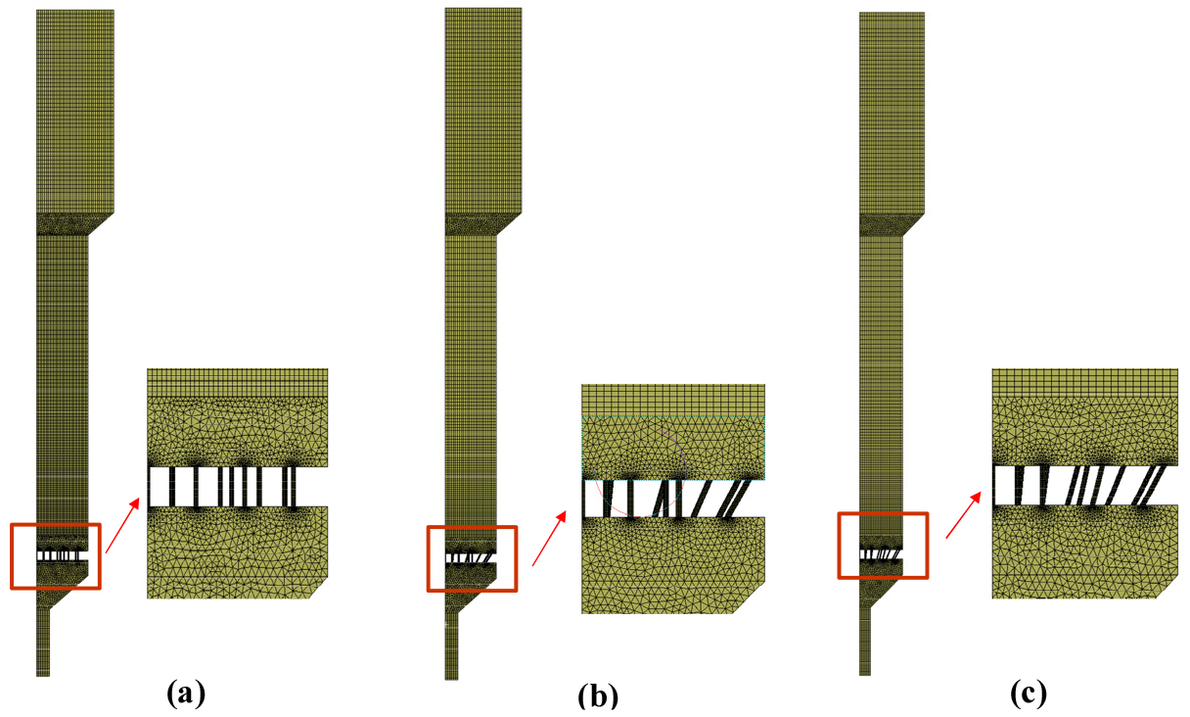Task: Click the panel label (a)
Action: tap(186, 693)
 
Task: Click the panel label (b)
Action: tap(598, 695)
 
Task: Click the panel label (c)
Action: tap(1029, 693)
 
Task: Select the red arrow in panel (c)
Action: tap(963, 515)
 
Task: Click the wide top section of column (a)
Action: tap(75, 111)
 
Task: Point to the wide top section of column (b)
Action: tap(482, 110)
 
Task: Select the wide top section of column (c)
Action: tap(892, 113)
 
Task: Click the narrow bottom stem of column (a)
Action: tap(43, 642)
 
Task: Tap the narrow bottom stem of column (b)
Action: tap(451, 645)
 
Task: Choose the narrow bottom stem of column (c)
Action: tap(865, 641)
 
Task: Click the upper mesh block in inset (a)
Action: tap(238, 417)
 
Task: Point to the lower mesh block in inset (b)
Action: tap(673, 565)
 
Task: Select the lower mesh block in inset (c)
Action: tap(1085, 552)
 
